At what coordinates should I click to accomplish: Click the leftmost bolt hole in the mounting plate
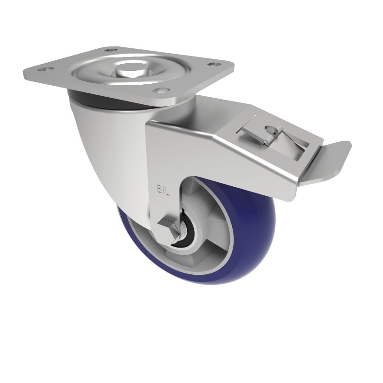point(46,70)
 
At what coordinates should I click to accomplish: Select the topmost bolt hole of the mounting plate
point(111,50)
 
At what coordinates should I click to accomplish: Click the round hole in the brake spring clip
point(272,129)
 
